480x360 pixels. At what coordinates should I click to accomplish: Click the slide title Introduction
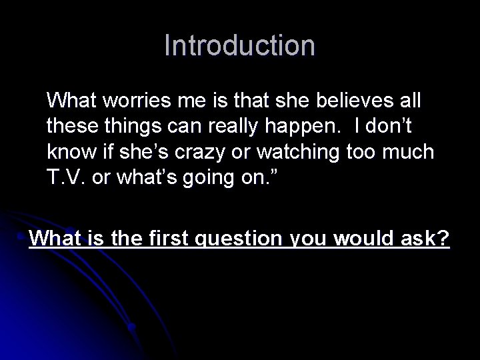(239, 45)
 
